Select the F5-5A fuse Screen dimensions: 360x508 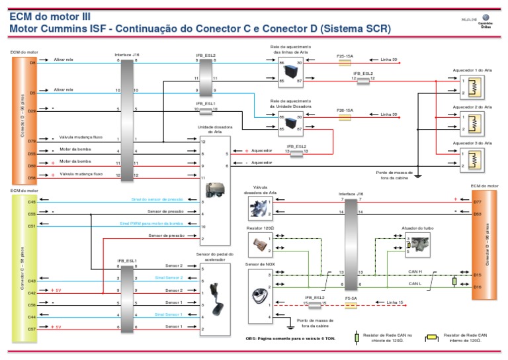[x=352, y=304]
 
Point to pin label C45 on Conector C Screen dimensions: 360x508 [x=32, y=201]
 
